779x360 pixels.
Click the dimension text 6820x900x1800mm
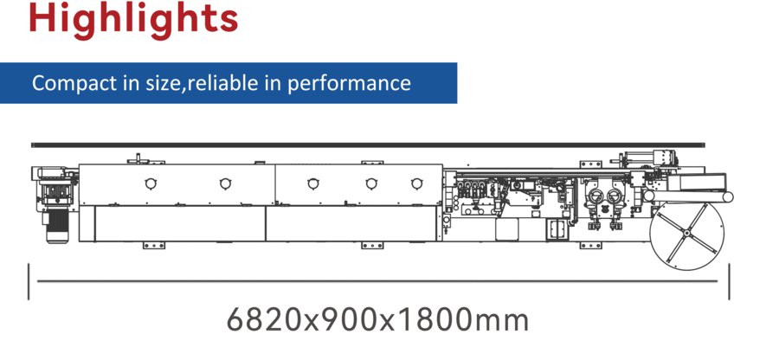pyautogui.click(x=377, y=320)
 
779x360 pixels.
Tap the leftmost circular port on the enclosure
pyautogui.click(x=151, y=183)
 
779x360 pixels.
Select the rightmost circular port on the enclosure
pyautogui.click(x=416, y=183)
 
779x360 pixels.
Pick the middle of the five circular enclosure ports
pyautogui.click(x=311, y=183)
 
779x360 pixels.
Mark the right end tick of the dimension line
pyautogui.click(x=730, y=280)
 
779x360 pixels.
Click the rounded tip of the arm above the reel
pyautogui.click(x=728, y=197)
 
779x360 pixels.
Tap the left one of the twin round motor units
pyautogui.click(x=595, y=196)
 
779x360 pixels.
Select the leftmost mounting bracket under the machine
pyautogui.click(x=153, y=246)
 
